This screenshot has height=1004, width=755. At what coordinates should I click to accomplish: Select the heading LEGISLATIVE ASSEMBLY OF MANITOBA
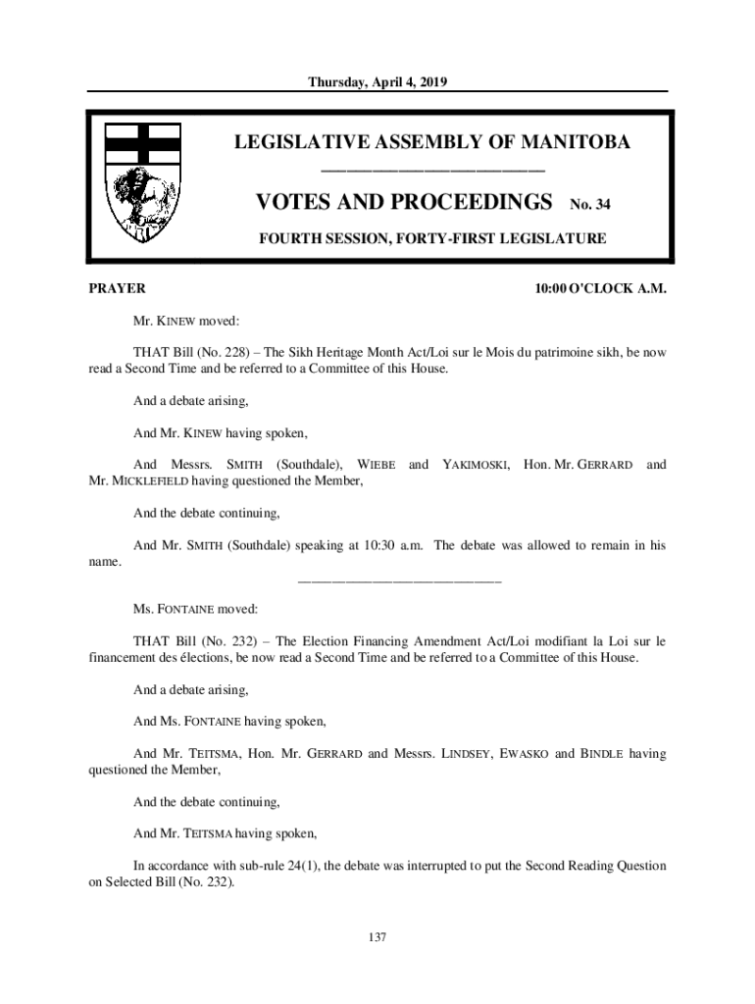[x=431, y=143]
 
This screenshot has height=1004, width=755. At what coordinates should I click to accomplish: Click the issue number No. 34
[x=593, y=206]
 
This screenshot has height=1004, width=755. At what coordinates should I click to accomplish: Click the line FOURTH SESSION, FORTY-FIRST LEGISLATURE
[x=431, y=238]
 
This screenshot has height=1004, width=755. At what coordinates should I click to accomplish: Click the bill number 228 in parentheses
[x=214, y=352]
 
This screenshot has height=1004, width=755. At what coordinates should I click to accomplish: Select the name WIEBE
[x=377, y=464]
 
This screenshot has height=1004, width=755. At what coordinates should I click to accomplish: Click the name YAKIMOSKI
[x=476, y=464]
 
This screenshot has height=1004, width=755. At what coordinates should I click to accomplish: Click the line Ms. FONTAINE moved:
[x=195, y=609]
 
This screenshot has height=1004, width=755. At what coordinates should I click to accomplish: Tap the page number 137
[x=377, y=938]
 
